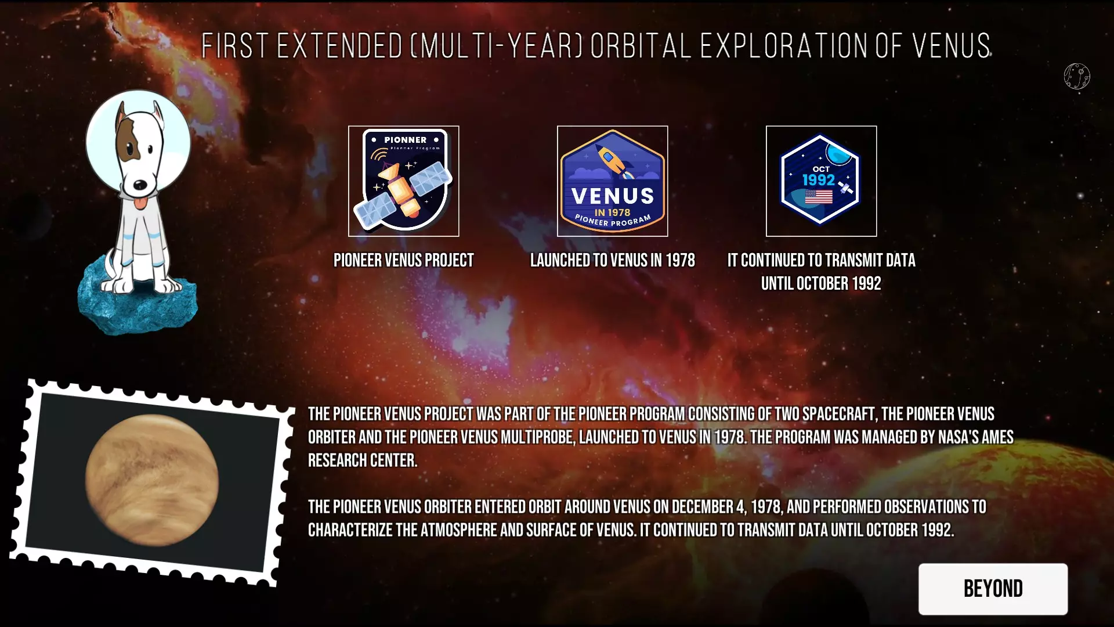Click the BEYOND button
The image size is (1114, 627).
(993, 589)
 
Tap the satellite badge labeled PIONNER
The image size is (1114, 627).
(404, 181)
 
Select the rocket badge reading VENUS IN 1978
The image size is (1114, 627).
(613, 181)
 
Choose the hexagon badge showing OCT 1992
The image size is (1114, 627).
(822, 181)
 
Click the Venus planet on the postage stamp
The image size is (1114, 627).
(152, 481)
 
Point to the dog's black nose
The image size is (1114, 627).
(140, 185)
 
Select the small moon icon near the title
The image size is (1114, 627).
(1077, 76)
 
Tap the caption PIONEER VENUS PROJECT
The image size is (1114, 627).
(404, 260)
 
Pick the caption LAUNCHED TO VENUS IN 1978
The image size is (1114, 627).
(613, 260)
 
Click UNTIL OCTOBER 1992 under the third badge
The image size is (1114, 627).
(821, 283)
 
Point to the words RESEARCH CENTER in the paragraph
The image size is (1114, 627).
(363, 460)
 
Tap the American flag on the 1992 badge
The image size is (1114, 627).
(819, 197)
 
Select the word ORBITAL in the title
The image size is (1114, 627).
(641, 46)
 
